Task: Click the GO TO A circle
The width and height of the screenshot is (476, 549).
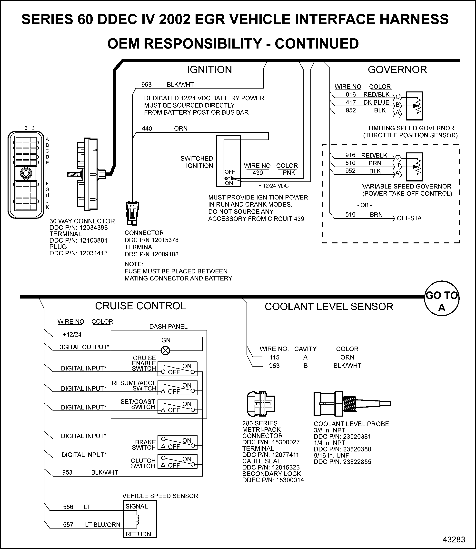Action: point(441,298)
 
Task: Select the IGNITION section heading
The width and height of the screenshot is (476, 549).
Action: point(209,70)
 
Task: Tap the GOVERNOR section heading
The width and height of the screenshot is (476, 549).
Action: point(397,70)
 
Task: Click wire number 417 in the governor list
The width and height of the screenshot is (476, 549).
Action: point(351,102)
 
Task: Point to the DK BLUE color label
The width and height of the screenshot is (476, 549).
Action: point(376,102)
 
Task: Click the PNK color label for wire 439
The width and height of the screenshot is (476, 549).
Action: point(289,173)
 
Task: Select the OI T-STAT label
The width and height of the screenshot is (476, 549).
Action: point(411,218)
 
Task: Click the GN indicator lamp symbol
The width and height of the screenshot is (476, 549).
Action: point(166,351)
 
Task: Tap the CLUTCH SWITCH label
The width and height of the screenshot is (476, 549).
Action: point(143,463)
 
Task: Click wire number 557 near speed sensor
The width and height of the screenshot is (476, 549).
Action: point(68,525)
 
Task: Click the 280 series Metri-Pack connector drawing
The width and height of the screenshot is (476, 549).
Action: point(261,404)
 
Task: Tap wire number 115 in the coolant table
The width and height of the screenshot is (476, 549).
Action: point(274,358)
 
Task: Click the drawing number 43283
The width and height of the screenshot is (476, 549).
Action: point(454,540)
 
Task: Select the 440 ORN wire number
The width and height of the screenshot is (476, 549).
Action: point(147,129)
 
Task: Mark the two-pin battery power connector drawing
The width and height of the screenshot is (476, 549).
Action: point(132,213)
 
